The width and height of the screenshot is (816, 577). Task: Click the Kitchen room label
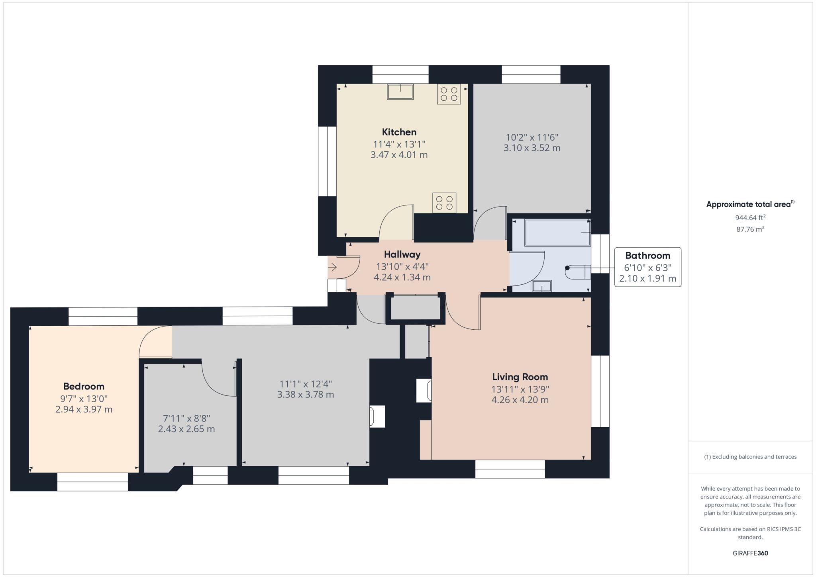[x=399, y=132]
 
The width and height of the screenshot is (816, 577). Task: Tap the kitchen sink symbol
[x=400, y=92]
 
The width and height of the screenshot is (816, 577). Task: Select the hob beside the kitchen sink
[x=449, y=94]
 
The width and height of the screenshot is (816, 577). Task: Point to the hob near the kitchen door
[x=444, y=203]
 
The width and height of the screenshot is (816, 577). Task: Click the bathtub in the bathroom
[x=557, y=233]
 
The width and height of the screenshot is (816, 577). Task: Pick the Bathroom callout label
[x=647, y=256]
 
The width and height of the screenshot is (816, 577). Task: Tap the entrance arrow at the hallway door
[x=333, y=267]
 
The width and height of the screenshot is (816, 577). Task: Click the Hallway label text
[x=402, y=254]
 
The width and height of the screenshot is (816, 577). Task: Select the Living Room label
[x=520, y=377]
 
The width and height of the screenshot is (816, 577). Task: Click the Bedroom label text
[x=84, y=386]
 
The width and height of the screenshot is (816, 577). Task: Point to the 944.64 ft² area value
[x=750, y=218]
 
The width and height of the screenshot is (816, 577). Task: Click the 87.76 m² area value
[x=750, y=229]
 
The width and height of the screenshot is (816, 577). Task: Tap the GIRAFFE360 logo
[x=750, y=553]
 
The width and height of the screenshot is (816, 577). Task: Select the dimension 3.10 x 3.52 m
[x=532, y=148]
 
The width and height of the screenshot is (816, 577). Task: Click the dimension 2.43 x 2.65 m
[x=186, y=429]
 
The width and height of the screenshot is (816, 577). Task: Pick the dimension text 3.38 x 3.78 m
[x=306, y=395]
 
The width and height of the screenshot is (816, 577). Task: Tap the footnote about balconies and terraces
[x=750, y=457]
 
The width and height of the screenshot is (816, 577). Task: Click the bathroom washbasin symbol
[x=542, y=286]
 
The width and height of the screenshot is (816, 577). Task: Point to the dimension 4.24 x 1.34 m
[x=402, y=278]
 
